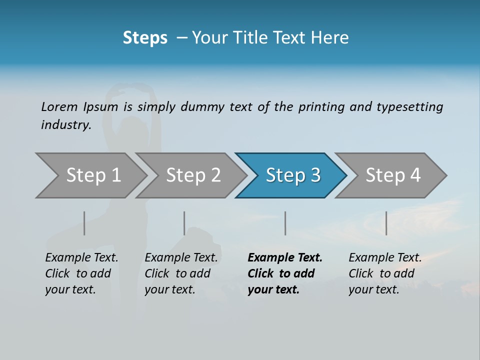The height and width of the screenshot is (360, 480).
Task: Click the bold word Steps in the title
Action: tap(145, 37)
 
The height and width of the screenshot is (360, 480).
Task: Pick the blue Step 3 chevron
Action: tap(293, 175)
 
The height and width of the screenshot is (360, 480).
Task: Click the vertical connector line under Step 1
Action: tap(84, 223)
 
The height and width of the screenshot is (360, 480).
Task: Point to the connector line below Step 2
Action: tap(184, 223)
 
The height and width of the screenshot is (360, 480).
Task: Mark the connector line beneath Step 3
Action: tap(285, 223)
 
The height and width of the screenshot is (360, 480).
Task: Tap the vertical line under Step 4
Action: tap(386, 223)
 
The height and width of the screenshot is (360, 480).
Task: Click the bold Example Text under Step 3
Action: tap(285, 258)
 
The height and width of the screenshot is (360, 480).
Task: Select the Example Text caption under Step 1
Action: tap(81, 258)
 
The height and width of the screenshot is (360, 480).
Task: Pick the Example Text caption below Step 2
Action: tap(181, 258)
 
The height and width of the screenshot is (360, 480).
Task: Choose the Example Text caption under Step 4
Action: tap(385, 258)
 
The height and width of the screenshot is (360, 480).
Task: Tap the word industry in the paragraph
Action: tap(66, 124)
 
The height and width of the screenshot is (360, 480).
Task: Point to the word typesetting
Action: tap(409, 106)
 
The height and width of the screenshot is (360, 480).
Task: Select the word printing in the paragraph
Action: tap(322, 106)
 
